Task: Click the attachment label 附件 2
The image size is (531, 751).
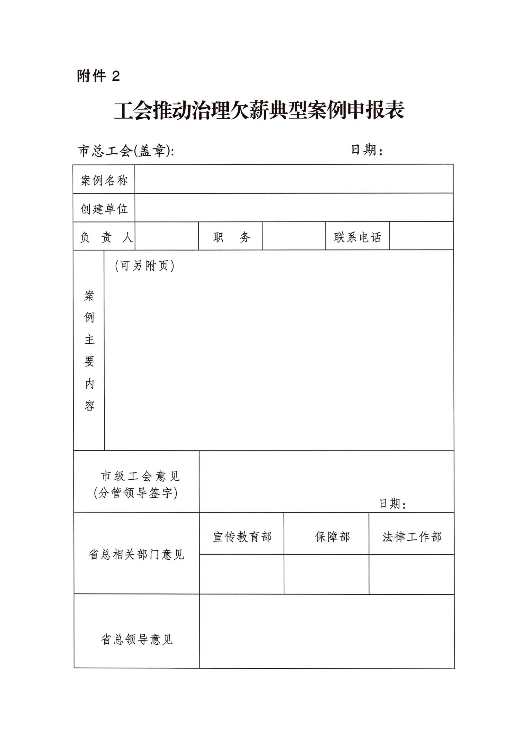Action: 98,76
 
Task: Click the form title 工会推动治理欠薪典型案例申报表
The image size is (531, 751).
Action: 259,111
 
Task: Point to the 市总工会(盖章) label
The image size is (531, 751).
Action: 126,151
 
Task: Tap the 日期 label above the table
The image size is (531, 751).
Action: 367,150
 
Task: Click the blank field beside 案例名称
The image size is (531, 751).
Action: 294,179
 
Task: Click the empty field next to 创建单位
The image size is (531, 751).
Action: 294,207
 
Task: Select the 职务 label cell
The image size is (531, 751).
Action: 231,237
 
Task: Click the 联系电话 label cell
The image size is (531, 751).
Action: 358,237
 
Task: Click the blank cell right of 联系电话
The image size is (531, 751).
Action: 421,236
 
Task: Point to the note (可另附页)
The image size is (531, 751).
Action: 145,266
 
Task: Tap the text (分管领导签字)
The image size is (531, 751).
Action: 136,493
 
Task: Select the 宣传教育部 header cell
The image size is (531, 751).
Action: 242,537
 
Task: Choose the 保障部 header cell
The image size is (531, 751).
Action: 332,537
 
